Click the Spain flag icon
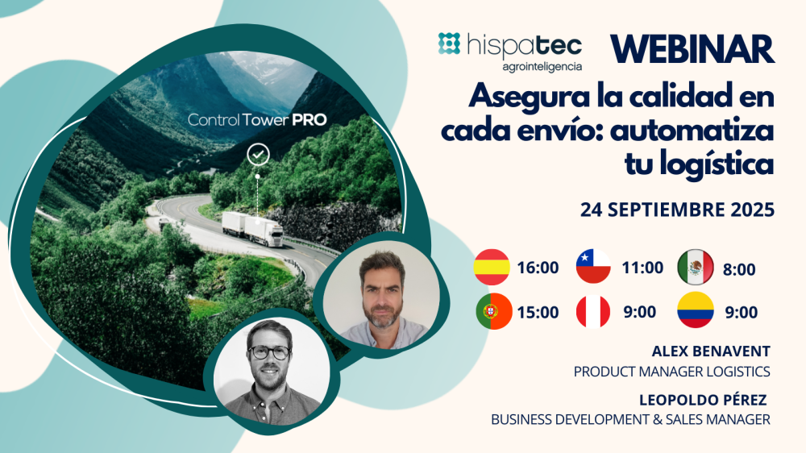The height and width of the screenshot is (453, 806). [492, 268]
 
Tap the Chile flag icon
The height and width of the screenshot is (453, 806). [593, 268]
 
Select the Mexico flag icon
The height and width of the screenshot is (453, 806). [696, 268]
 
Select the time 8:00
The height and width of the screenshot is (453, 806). [739, 269]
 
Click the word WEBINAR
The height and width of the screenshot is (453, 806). [692, 49]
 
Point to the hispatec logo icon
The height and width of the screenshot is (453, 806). [449, 44]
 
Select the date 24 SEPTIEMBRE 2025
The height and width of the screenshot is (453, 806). [677, 210]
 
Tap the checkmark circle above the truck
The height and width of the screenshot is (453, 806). [258, 152]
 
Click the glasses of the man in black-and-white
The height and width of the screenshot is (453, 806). [269, 352]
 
